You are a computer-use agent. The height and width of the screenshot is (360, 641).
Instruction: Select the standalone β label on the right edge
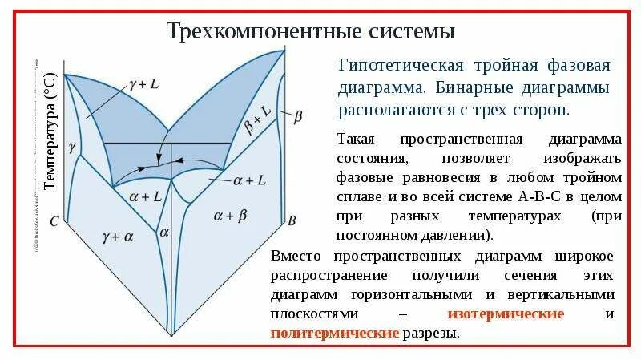click(298, 117)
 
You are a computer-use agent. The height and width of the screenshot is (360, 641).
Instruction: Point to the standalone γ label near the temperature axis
click(73, 148)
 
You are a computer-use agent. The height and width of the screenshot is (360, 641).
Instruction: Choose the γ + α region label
click(118, 236)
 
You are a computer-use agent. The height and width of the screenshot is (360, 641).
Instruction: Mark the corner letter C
click(54, 220)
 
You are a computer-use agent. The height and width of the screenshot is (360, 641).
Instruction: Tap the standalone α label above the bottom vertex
click(164, 232)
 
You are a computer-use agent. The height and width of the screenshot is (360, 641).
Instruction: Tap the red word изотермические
click(505, 313)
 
